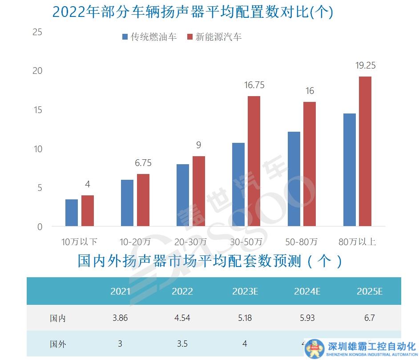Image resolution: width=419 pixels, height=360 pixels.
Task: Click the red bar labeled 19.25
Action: point(365,151)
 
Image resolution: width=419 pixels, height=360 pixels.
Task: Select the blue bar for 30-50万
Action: point(238,184)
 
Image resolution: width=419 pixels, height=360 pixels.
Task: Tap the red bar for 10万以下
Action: point(88,210)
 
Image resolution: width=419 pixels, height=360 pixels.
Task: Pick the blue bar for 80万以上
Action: point(350,170)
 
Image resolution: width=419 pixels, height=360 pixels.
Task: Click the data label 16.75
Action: point(254,85)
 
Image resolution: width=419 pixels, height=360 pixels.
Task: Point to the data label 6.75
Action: point(143,163)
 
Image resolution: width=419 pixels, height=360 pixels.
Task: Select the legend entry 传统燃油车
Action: point(149,37)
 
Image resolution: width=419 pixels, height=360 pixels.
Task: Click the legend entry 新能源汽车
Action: point(214,37)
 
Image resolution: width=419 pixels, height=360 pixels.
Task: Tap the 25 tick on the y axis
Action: point(37,32)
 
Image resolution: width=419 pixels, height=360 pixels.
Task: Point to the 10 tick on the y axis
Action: point(37,149)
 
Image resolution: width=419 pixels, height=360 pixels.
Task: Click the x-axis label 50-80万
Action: point(302,242)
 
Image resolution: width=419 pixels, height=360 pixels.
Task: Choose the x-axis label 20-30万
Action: point(190,242)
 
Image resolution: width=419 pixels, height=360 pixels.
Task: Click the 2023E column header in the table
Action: point(245,291)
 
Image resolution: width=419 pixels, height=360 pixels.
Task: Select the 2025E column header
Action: point(370,291)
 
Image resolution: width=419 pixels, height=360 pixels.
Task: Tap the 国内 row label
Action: point(58,318)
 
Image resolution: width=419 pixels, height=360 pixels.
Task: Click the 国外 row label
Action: point(58,344)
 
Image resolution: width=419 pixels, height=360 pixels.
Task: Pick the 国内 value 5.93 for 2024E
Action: point(307,318)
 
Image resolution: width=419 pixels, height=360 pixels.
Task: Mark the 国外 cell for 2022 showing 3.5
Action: point(182,344)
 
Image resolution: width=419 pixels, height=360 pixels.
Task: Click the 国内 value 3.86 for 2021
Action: point(120,318)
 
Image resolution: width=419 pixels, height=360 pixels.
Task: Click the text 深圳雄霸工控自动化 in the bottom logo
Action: point(371,346)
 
